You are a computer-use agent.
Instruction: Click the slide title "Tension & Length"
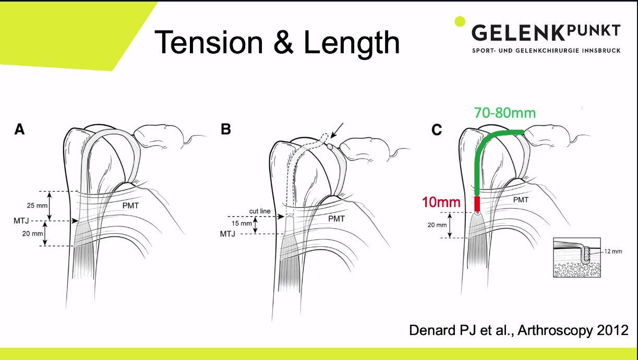click(x=277, y=43)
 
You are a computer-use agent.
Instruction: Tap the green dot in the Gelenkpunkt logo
click(x=460, y=21)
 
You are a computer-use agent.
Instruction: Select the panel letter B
click(x=225, y=129)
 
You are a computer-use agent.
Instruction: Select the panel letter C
click(x=437, y=130)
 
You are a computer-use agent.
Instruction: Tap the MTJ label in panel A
click(x=20, y=221)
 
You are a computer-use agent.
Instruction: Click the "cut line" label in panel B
click(x=259, y=211)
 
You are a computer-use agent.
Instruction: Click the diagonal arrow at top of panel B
click(x=335, y=132)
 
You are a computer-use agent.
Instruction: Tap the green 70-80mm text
click(x=504, y=113)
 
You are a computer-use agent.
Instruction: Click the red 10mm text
click(x=442, y=202)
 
